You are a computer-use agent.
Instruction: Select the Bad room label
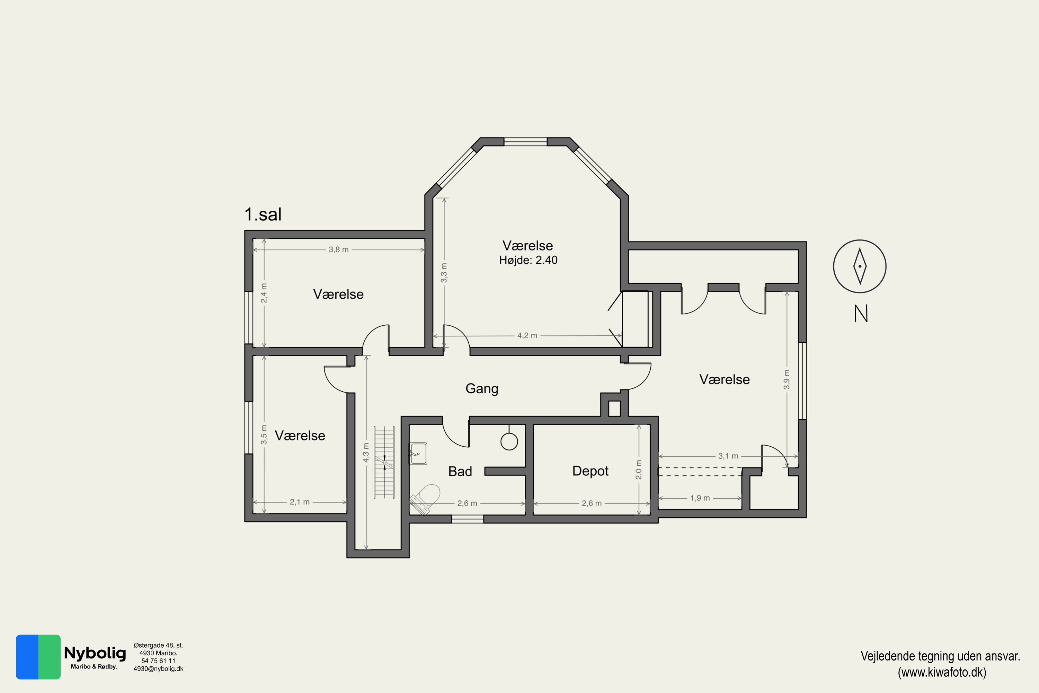point(460,472)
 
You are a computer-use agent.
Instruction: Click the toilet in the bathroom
point(425,499)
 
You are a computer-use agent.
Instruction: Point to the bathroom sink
point(418,454)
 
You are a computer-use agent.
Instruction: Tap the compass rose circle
point(860,266)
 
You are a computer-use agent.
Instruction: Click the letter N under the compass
point(861,314)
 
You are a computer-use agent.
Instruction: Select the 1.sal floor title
point(263,214)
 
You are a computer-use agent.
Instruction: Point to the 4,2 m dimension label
point(527,336)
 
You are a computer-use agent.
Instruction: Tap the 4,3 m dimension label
point(366,453)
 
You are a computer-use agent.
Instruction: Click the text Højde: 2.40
point(529,260)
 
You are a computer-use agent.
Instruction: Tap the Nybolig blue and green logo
point(38,657)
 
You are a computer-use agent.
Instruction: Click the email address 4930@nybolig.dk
point(158,669)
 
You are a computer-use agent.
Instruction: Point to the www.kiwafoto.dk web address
point(942,672)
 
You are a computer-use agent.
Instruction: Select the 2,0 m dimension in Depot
point(639,470)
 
